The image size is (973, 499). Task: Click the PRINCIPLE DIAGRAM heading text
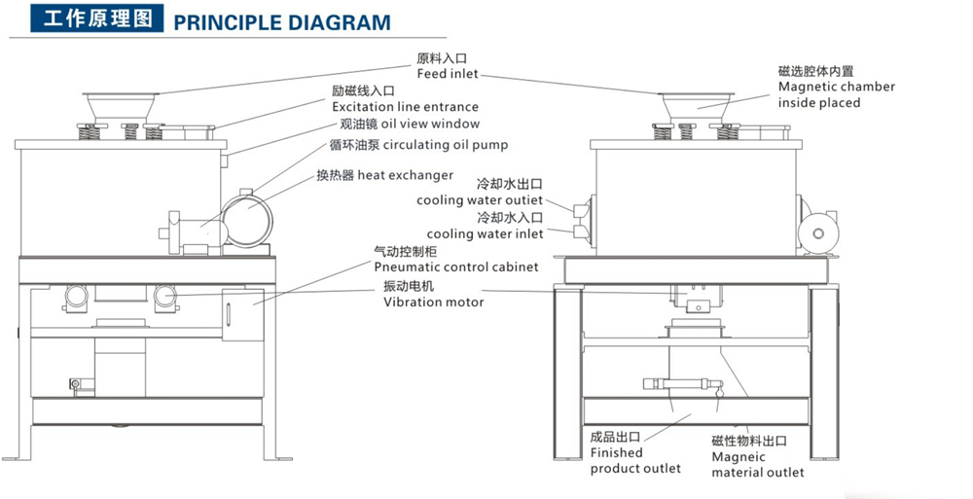click(x=281, y=21)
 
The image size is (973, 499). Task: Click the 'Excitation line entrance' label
click(x=405, y=106)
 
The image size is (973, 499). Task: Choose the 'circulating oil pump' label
click(x=445, y=146)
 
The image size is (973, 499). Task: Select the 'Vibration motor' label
click(x=433, y=302)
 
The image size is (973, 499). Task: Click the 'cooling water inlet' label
click(x=485, y=233)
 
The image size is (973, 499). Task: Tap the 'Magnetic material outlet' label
click(x=757, y=464)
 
